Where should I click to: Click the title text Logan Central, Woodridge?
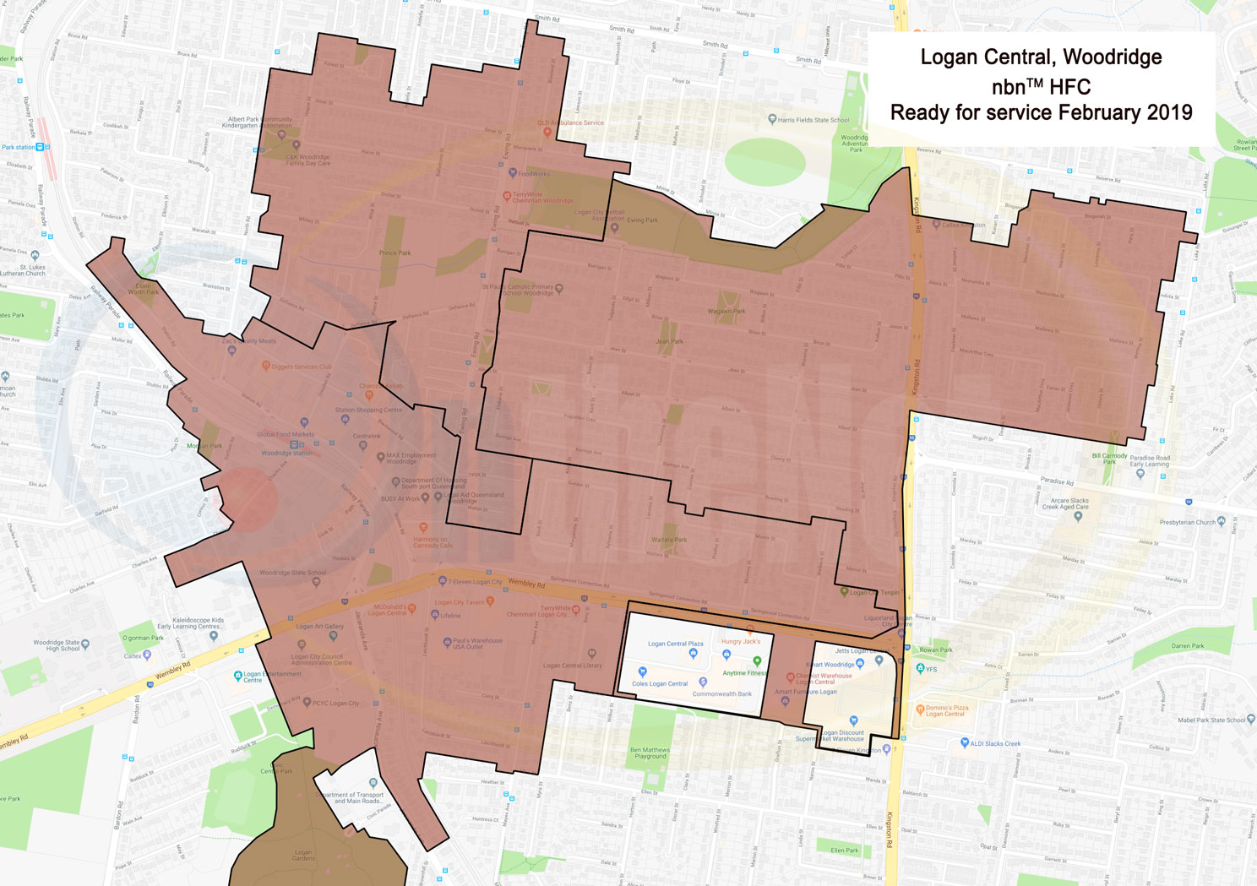click(1040, 57)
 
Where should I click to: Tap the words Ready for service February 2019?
click(1041, 113)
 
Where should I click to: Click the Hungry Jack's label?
click(741, 641)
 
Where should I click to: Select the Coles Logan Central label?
click(660, 683)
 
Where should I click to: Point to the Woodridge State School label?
click(292, 573)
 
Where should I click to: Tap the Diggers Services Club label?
click(302, 367)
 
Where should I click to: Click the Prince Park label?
click(395, 253)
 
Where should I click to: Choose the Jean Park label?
click(669, 342)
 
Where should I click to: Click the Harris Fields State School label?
click(814, 120)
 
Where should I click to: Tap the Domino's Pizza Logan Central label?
click(946, 710)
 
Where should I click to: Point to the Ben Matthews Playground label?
click(650, 753)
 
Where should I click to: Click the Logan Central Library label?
click(572, 665)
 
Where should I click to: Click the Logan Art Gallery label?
click(319, 627)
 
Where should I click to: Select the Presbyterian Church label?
click(1187, 522)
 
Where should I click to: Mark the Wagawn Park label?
click(726, 311)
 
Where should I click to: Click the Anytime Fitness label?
click(744, 673)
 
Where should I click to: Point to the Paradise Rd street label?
click(1057, 481)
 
